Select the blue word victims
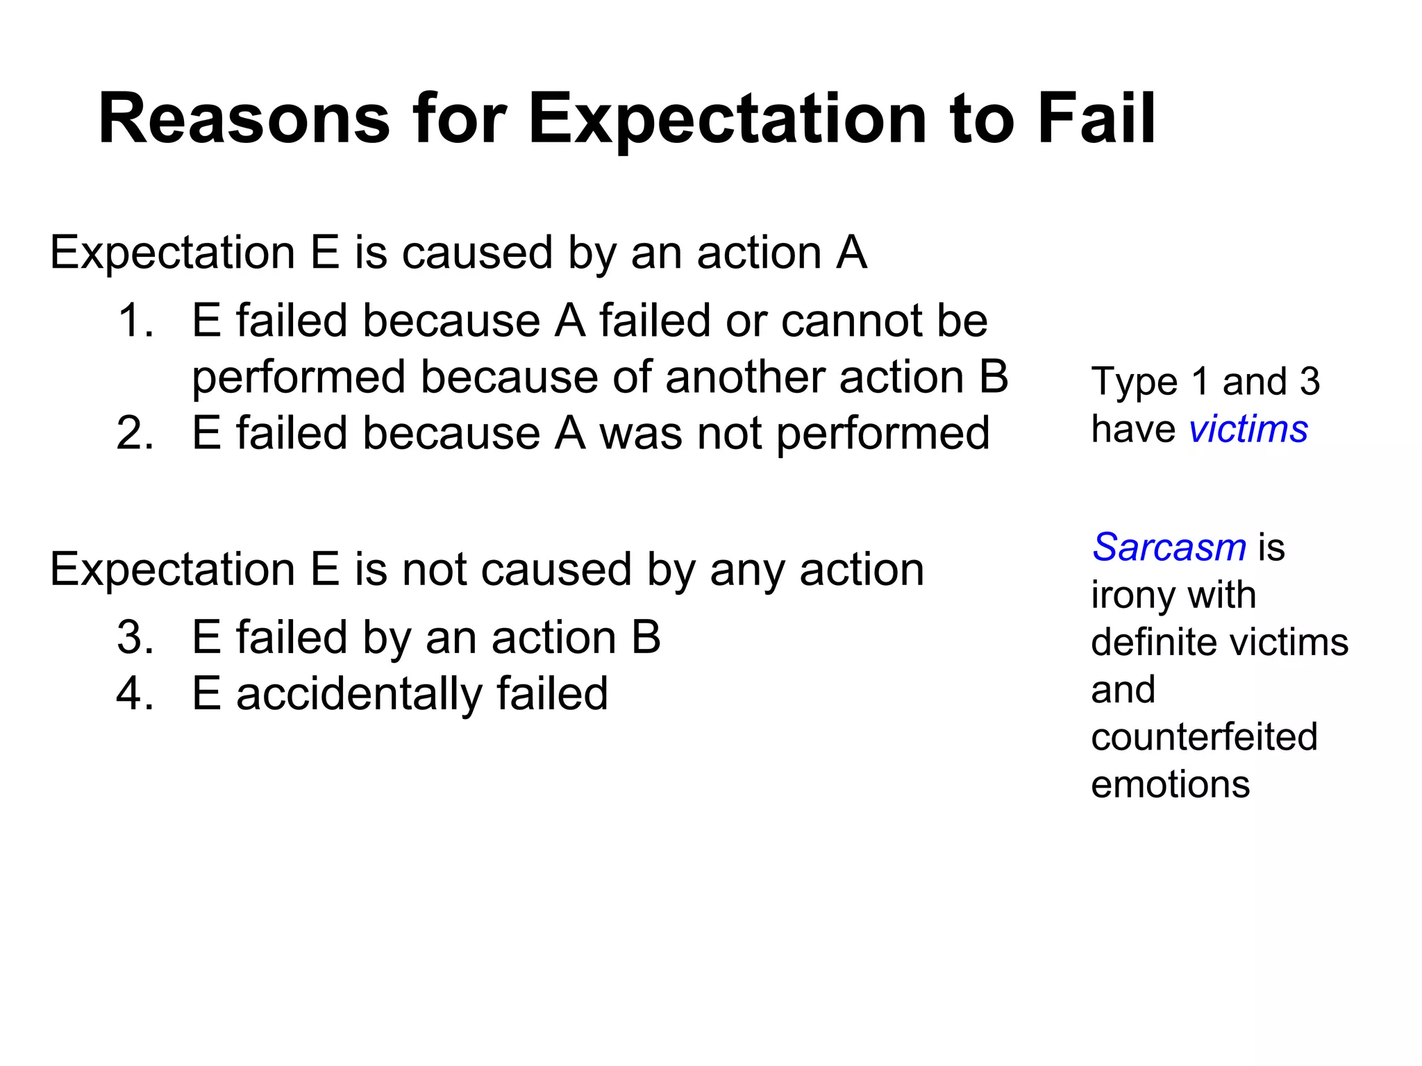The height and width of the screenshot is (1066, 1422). (1248, 428)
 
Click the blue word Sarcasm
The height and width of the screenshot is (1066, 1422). (1169, 547)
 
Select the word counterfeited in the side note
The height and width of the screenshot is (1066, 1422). (1204, 736)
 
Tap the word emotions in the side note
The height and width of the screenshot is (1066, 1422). (1170, 784)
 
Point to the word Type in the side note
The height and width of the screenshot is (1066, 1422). (1135, 382)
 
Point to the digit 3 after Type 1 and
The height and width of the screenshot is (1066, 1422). (1310, 382)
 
